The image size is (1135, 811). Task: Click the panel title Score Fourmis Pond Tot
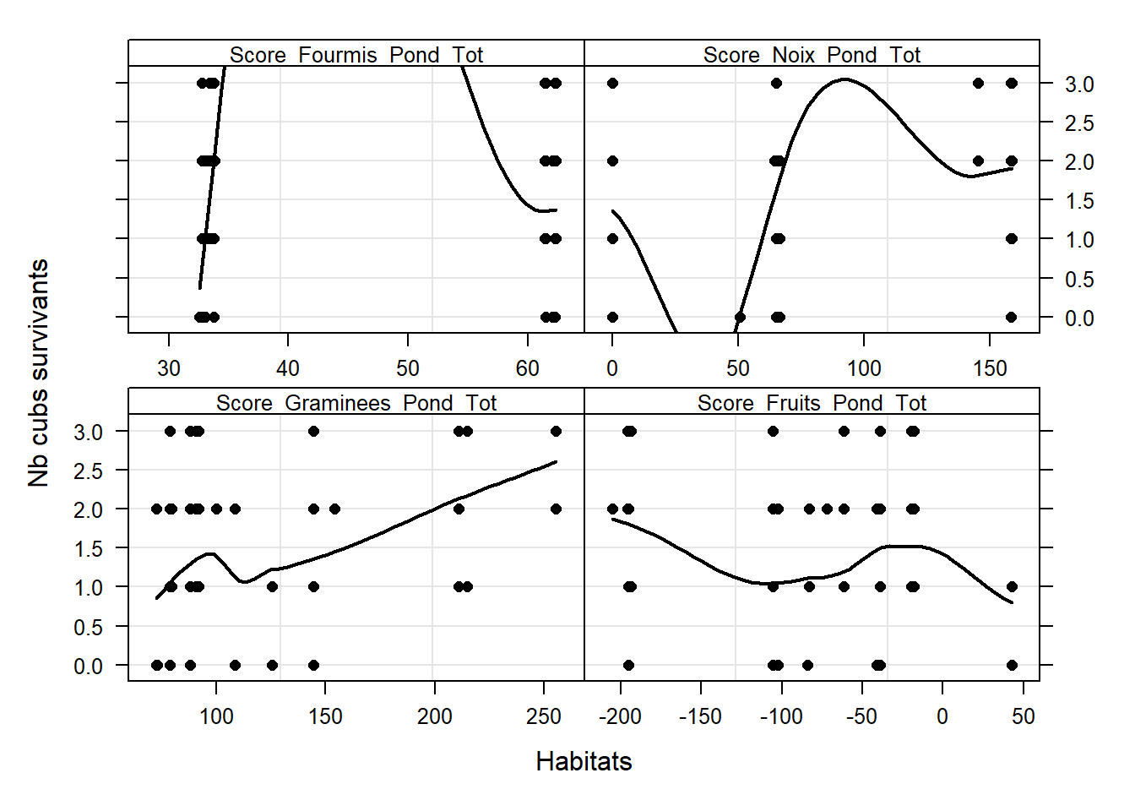(356, 55)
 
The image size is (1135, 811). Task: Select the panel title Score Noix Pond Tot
(812, 55)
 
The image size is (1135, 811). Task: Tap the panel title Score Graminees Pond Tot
(356, 403)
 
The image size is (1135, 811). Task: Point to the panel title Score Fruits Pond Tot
(812, 403)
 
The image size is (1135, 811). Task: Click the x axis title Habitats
(584, 761)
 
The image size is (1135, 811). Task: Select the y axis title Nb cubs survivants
(39, 373)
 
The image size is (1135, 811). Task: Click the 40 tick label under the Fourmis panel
(288, 368)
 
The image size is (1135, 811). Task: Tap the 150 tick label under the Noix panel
(990, 368)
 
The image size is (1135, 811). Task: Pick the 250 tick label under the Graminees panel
(543, 716)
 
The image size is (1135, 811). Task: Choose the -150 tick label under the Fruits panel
(700, 716)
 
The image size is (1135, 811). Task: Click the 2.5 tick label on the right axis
(1078, 123)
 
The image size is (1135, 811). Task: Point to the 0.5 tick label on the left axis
(89, 627)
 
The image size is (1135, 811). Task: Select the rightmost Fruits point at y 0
(1012, 665)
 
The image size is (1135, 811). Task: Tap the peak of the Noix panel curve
(844, 79)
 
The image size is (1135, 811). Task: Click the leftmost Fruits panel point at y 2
(612, 509)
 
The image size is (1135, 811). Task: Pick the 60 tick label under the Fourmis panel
(527, 368)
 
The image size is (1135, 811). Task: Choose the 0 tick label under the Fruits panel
(942, 716)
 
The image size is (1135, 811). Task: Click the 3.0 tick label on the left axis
(89, 432)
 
